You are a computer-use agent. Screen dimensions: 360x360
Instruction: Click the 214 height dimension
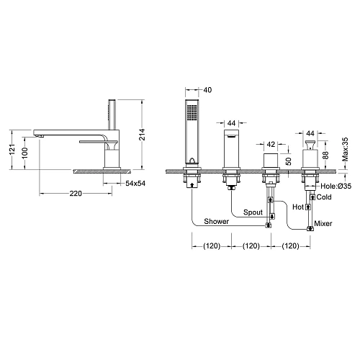pos(143,135)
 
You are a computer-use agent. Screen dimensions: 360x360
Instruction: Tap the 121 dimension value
pos(12,149)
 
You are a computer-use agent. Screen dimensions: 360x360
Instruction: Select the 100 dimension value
pos(24,153)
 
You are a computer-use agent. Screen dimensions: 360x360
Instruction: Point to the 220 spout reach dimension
pos(76,193)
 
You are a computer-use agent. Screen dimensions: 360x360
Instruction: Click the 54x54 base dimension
pos(135,184)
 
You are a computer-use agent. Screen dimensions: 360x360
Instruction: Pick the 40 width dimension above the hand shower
pos(207,90)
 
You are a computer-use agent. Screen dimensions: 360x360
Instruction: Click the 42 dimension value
pos(271,144)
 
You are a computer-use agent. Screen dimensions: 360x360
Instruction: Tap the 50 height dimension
pos(289,161)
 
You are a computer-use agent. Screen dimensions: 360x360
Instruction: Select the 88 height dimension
pos(325,155)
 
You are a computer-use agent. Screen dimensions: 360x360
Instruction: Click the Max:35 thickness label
pos(345,149)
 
